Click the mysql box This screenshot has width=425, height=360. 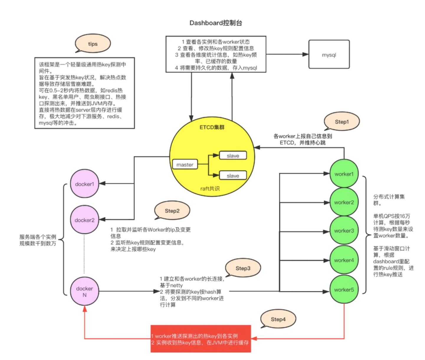click(329, 55)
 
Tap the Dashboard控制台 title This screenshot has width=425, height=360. click(216, 23)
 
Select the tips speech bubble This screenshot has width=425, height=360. click(93, 44)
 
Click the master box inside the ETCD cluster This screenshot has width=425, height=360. click(185, 165)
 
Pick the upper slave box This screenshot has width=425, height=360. click(233, 156)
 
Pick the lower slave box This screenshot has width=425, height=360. click(233, 176)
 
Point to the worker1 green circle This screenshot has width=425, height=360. click(344, 174)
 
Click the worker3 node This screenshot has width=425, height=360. click(344, 231)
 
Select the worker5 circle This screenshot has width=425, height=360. click(344, 290)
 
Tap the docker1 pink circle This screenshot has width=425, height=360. click(85, 184)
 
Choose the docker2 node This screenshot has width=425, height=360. click(85, 220)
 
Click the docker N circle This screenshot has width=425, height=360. click(85, 291)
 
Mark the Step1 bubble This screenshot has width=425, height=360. click(342, 121)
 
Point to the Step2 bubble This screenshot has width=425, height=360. click(172, 211)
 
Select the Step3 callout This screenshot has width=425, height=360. click(243, 268)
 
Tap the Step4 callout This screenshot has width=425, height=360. click(278, 319)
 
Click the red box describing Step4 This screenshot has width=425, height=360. click(201, 339)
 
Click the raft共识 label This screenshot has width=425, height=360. click(210, 188)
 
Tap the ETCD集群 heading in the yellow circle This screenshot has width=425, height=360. click(212, 127)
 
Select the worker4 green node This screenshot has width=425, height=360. click(344, 260)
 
